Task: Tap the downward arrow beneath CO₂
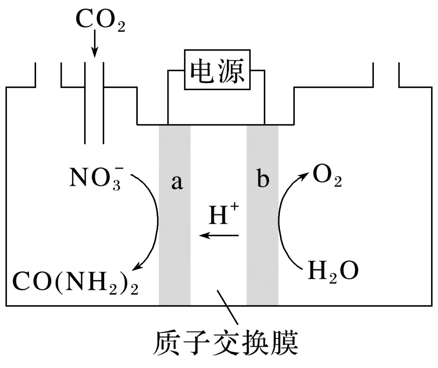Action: tap(94, 45)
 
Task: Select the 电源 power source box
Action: tap(217, 70)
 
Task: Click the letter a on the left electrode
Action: tap(176, 182)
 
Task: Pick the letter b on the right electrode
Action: tap(263, 180)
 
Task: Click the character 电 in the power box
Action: tap(203, 70)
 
